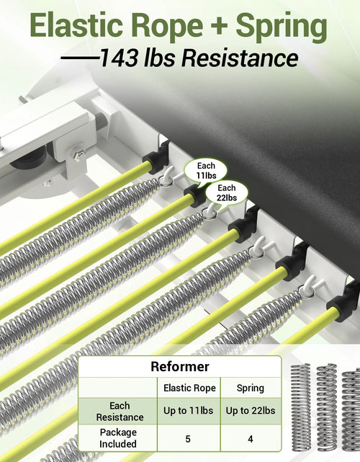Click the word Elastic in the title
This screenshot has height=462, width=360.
point(76,25)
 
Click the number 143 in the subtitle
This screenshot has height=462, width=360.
point(120,58)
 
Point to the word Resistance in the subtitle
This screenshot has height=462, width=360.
point(240,58)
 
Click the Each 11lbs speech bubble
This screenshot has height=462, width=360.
point(206,171)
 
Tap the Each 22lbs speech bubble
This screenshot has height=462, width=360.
point(226,193)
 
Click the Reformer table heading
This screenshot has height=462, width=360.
point(180,367)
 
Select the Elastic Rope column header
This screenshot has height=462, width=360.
point(189,388)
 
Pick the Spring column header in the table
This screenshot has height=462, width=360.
point(251,388)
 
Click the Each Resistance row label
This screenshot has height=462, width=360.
point(120,412)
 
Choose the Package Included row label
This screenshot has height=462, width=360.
point(118,437)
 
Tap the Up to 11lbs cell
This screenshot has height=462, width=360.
point(189,411)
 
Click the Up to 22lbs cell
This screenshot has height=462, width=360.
point(251,411)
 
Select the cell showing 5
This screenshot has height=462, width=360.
point(188,439)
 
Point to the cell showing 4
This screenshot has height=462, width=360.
point(251,439)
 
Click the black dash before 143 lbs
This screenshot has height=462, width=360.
point(79,58)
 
